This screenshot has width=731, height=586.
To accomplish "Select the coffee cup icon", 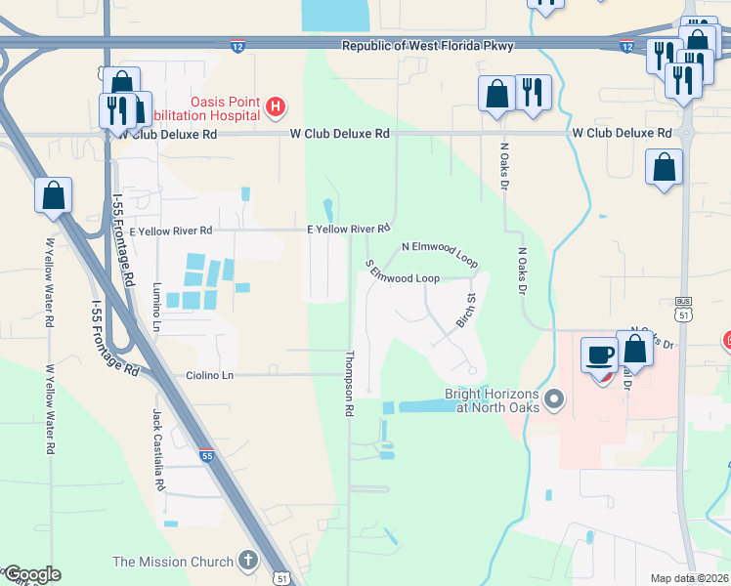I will pyautogui.click(x=599, y=356).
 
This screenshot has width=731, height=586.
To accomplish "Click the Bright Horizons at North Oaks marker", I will pyautogui.click(x=555, y=398).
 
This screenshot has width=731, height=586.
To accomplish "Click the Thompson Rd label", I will pyautogui.click(x=348, y=384).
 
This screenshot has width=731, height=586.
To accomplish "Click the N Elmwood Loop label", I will pyautogui.click(x=439, y=254).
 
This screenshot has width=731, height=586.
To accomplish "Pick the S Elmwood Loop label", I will pyautogui.click(x=402, y=275).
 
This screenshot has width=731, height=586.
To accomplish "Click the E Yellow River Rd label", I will pyautogui.click(x=349, y=230).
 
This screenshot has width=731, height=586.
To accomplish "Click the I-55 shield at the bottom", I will pyautogui.click(x=206, y=455).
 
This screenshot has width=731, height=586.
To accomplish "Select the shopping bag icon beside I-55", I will pyautogui.click(x=53, y=195).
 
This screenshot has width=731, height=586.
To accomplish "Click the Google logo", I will pyautogui.click(x=31, y=574).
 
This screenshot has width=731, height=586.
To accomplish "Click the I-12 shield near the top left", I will pyautogui.click(x=237, y=45).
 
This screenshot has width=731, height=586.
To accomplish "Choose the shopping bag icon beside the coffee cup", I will pyautogui.click(x=635, y=350).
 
